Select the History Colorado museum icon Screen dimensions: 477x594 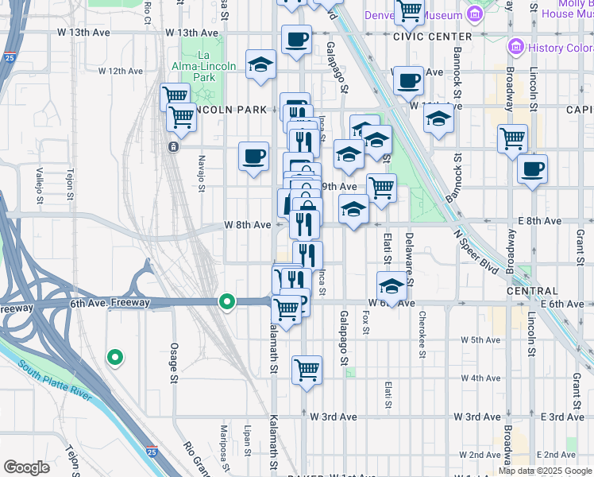[x=517, y=47]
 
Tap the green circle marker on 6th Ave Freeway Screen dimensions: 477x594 [x=227, y=302]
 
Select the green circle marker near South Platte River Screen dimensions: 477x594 [x=115, y=358]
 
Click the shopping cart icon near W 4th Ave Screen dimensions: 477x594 [x=306, y=370]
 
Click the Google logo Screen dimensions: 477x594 [x=26, y=467]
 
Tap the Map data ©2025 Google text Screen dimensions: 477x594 [x=545, y=471]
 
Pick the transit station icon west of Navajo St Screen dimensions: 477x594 [x=172, y=147]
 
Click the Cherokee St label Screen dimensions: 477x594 [x=422, y=321]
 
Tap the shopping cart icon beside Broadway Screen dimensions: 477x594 [x=512, y=138]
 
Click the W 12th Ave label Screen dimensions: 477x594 [x=120, y=71]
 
